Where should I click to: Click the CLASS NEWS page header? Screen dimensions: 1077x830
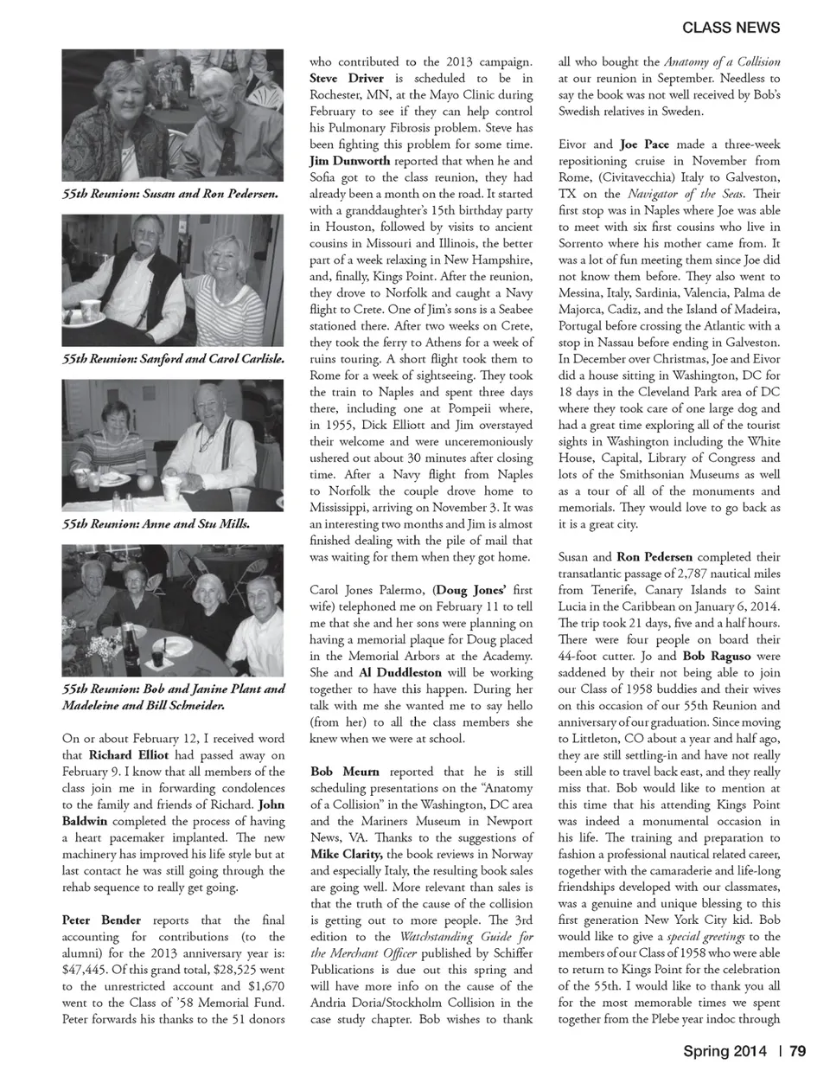pos(731,28)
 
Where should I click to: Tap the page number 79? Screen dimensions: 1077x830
pos(797,1051)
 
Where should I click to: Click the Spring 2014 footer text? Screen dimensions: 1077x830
pos(725,1051)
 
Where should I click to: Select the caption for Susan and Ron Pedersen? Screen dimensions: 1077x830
pos(170,194)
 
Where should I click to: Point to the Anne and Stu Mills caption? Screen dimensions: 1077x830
pos(156,523)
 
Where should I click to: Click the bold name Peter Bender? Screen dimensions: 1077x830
pos(101,920)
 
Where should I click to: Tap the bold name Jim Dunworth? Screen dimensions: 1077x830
pos(349,161)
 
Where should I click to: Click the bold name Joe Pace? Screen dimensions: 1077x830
pos(644,144)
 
